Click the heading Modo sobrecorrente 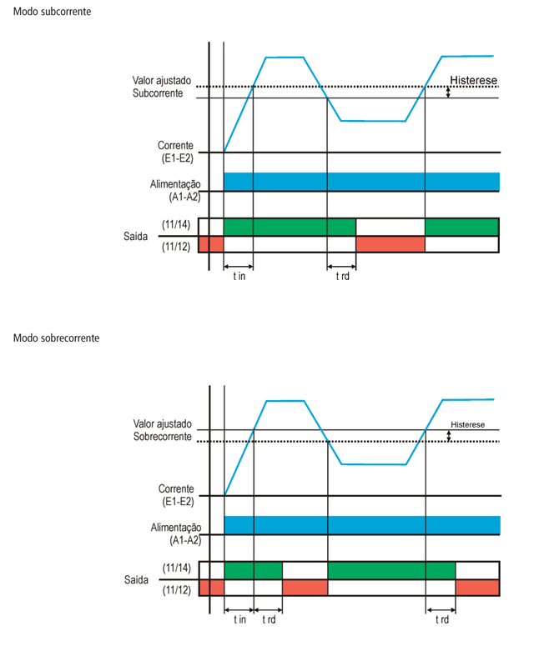[57, 338]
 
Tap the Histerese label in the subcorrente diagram [473, 81]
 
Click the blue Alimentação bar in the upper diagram [361, 182]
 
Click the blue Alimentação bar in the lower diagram [361, 524]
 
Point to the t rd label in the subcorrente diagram [342, 276]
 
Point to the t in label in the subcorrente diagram [239, 276]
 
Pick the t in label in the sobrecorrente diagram [239, 619]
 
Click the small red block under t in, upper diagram [215, 243]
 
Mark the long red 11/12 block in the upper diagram [390, 243]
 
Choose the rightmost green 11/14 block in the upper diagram [461, 227]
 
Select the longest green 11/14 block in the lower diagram [391, 570]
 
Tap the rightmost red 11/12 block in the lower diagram [477, 587]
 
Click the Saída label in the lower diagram [136, 578]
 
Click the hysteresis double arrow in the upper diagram [448, 93]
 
